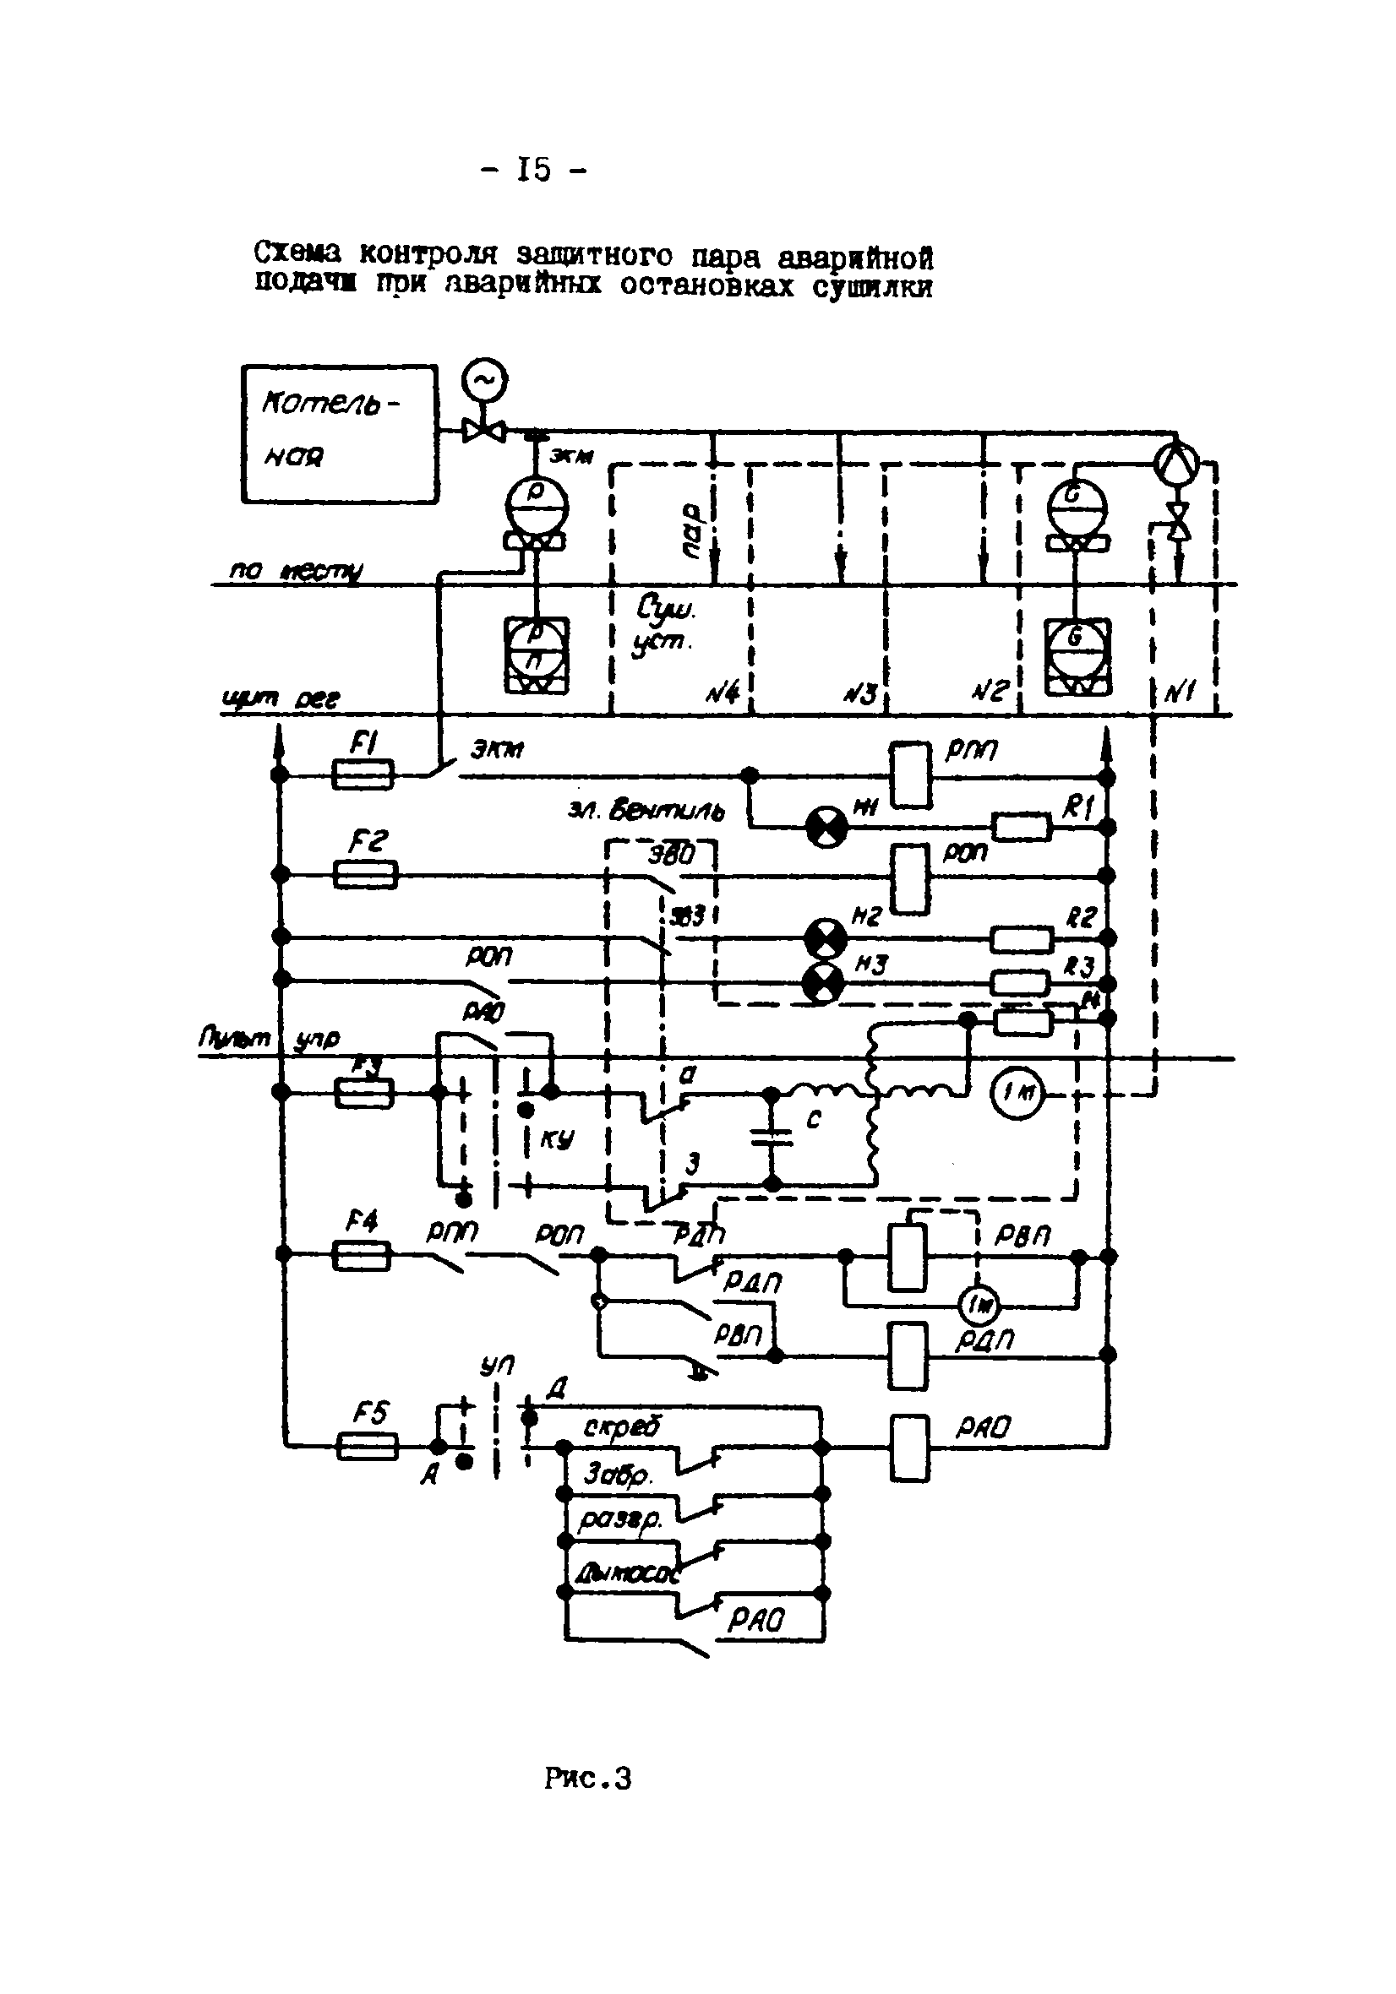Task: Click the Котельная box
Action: [x=339, y=433]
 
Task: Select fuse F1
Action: [x=363, y=774]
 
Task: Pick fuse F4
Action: [x=363, y=1255]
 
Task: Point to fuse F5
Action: [x=367, y=1446]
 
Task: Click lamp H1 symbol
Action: [x=826, y=826]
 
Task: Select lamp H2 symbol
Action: [x=825, y=938]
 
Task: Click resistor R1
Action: [x=1022, y=827]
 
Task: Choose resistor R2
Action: [x=1022, y=939]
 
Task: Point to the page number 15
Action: [x=533, y=170]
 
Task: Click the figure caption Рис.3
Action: [x=587, y=1779]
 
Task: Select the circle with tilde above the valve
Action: [x=484, y=380]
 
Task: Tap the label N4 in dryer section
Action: [x=721, y=693]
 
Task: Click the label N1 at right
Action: [x=1181, y=693]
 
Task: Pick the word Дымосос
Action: [x=624, y=1573]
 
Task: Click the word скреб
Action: [x=621, y=1425]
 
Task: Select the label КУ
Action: [x=557, y=1138]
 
